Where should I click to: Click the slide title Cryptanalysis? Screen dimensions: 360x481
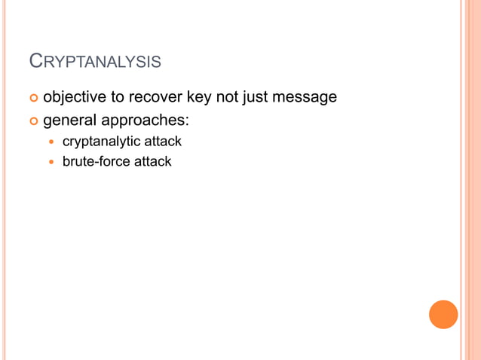pyautogui.click(x=94, y=61)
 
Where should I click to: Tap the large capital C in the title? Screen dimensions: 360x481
pyautogui.click(x=35, y=59)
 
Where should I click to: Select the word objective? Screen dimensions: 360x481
pyautogui.click(x=75, y=97)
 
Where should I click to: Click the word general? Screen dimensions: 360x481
pyautogui.click(x=72, y=121)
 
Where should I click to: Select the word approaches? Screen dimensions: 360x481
pyautogui.click(x=148, y=121)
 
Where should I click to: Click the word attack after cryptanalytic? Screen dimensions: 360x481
pyautogui.click(x=164, y=141)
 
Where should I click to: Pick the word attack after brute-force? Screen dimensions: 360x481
pyautogui.click(x=153, y=161)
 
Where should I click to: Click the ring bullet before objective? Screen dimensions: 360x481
pyautogui.click(x=33, y=98)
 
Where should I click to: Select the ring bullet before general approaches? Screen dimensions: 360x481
pyautogui.click(x=33, y=121)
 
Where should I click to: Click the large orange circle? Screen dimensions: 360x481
pyautogui.click(x=443, y=314)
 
